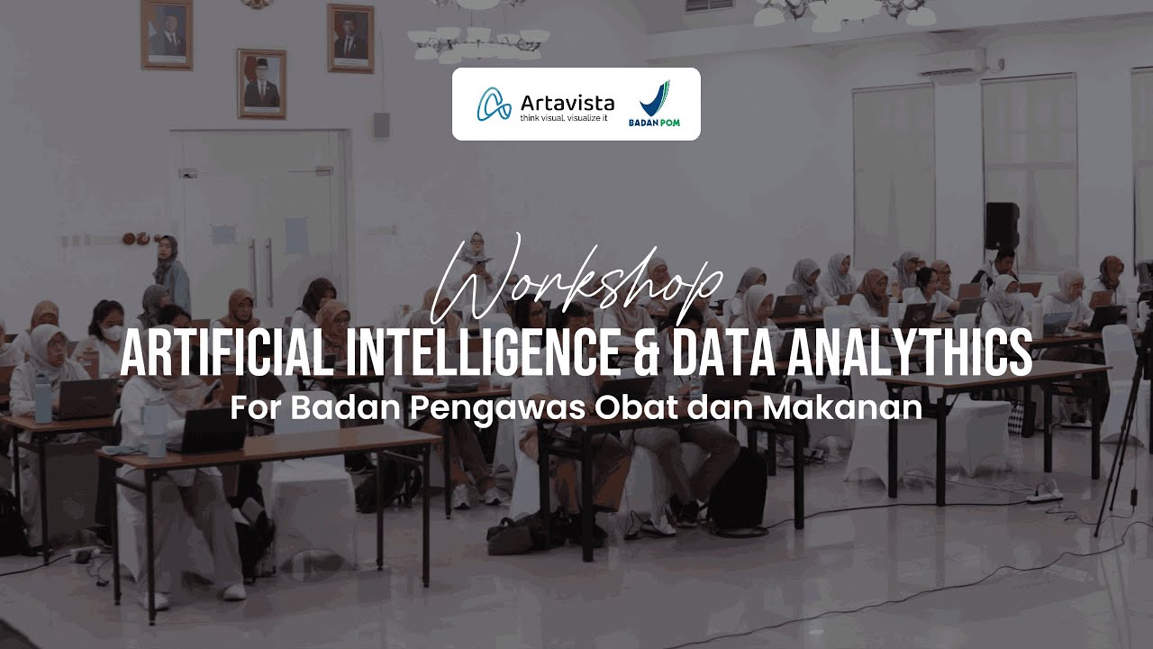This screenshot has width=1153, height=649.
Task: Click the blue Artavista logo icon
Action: click(493, 105)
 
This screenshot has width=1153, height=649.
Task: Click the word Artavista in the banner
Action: click(567, 101)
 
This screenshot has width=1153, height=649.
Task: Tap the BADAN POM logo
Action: click(654, 105)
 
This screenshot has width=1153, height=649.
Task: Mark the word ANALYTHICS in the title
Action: click(905, 353)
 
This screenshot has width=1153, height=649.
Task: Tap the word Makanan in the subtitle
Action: click(842, 407)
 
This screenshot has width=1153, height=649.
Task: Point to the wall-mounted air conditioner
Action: click(950, 63)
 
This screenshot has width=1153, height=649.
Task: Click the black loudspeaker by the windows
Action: click(1002, 225)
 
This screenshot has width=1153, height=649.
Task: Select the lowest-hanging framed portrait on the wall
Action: click(261, 84)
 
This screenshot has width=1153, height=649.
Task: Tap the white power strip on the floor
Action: click(1045, 494)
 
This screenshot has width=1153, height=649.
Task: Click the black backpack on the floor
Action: click(739, 491)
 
